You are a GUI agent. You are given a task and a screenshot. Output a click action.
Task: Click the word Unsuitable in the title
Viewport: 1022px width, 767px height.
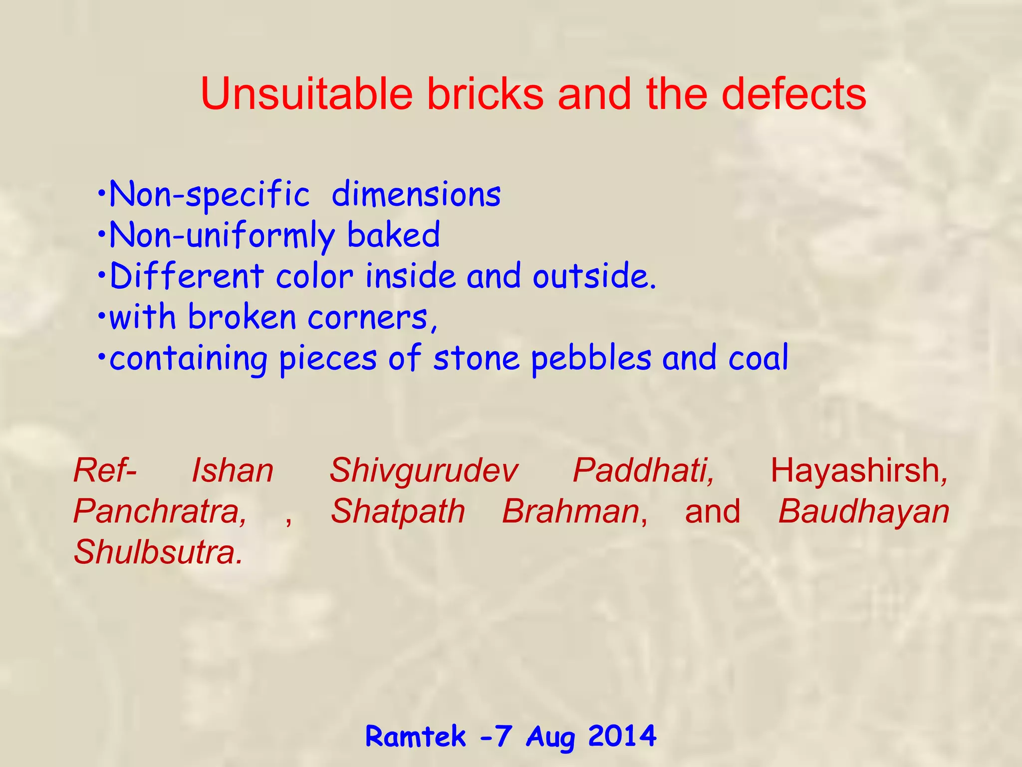(x=306, y=94)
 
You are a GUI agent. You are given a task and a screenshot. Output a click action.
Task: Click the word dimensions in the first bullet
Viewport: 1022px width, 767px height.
(x=416, y=194)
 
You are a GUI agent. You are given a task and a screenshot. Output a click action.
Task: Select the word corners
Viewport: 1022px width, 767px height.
(x=371, y=318)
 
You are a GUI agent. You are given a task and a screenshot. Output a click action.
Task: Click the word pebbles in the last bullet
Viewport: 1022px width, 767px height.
(x=591, y=359)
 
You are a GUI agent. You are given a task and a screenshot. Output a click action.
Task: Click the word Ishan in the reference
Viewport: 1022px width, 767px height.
(x=233, y=470)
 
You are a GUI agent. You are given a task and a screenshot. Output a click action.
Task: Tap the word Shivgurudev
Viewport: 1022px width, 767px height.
(x=423, y=470)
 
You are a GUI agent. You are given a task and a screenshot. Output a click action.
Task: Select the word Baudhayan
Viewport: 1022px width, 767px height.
(x=863, y=511)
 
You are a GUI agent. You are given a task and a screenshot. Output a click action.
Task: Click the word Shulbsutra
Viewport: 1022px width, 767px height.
(x=158, y=552)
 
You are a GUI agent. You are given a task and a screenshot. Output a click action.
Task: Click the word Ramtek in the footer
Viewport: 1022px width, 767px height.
(x=415, y=736)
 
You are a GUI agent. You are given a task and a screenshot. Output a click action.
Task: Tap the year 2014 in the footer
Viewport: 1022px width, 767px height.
(x=622, y=736)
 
